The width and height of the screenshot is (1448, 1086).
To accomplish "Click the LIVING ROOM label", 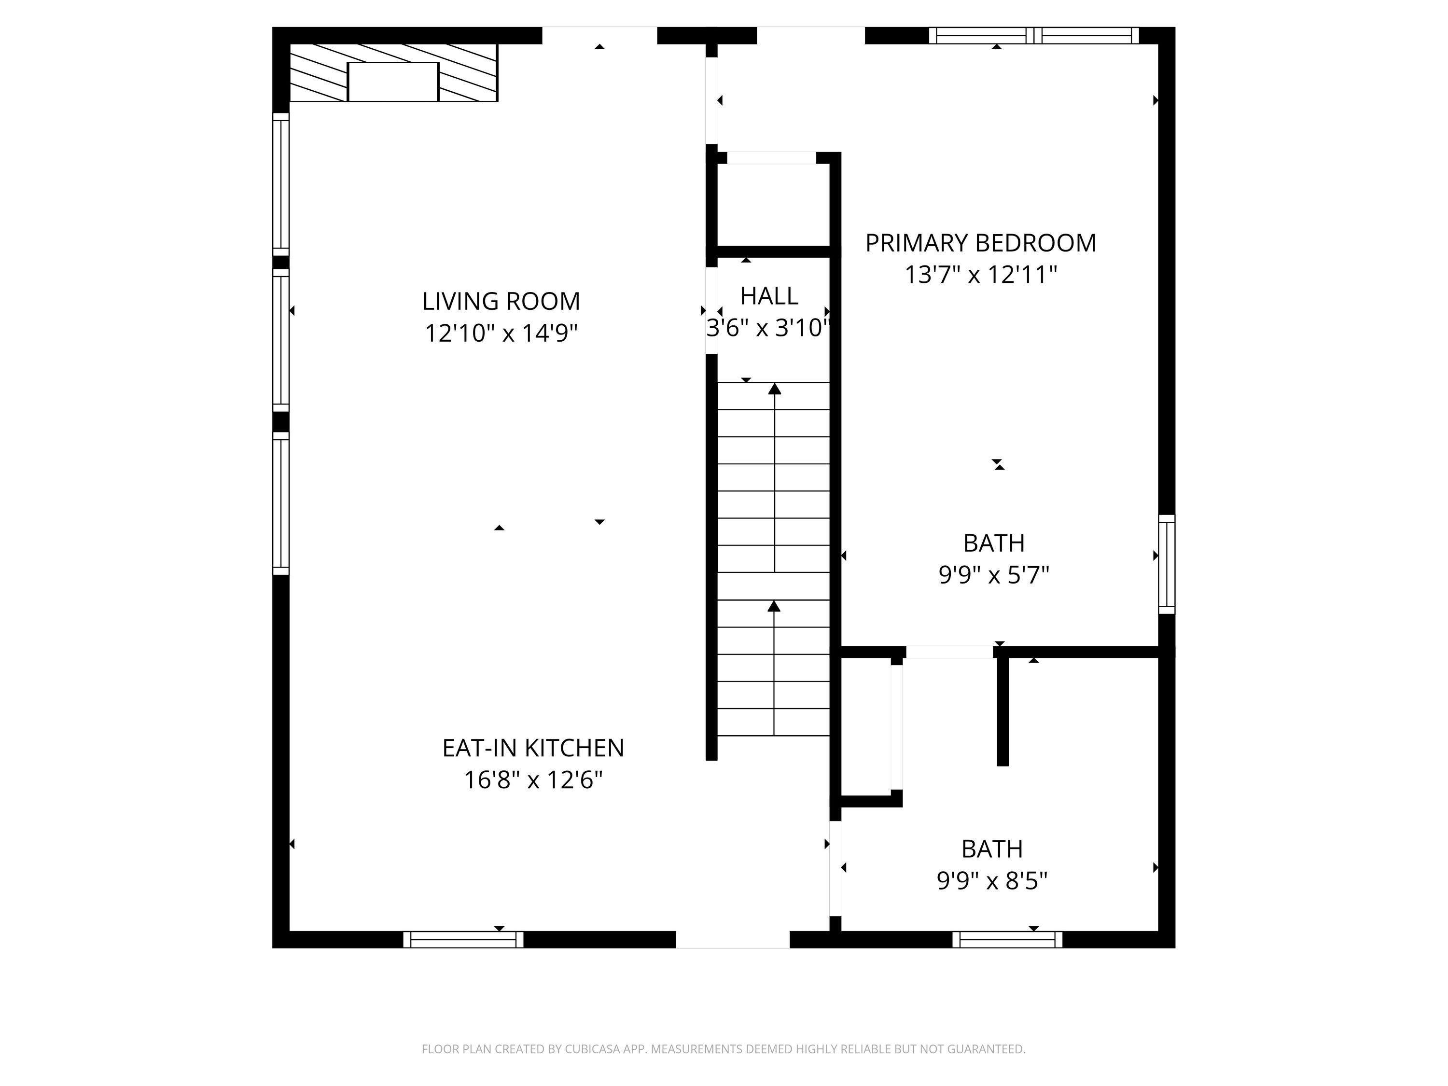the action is (501, 301).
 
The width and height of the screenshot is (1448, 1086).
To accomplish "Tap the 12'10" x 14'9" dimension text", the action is (501, 333).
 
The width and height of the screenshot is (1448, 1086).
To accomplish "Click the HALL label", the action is (769, 296).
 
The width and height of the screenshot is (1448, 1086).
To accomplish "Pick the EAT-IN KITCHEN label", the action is (533, 748).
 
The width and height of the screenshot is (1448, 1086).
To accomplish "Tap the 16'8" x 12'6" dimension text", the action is (533, 780).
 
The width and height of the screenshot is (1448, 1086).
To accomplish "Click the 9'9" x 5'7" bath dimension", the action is (994, 575).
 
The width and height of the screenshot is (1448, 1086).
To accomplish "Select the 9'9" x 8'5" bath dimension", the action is (992, 880).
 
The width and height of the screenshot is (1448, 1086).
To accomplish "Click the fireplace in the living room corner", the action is (393, 73).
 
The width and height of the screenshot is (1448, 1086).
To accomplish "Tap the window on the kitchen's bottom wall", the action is (463, 939).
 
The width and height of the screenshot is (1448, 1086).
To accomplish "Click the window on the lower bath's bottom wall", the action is (1007, 939).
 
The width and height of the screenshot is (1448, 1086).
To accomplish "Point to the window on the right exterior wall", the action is (1167, 564).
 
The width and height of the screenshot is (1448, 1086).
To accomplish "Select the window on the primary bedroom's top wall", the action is (1034, 35).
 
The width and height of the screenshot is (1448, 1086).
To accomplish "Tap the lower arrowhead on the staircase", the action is (774, 606).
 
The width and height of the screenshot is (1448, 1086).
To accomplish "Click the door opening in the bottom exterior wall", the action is (733, 939).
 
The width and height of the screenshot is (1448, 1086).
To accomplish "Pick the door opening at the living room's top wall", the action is (599, 35).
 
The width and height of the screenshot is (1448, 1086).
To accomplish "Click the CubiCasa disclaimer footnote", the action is (724, 1049).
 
